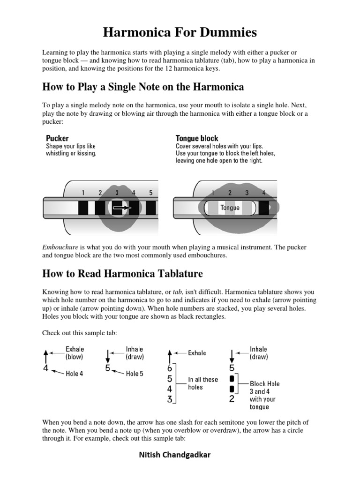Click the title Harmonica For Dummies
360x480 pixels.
pyautogui.click(x=180, y=32)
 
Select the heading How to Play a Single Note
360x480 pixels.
pyautogui.click(x=143, y=87)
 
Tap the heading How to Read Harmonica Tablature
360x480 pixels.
pyautogui.click(x=122, y=273)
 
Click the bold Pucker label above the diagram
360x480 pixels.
pyautogui.click(x=57, y=138)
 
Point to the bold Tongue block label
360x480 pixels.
pyautogui.click(x=197, y=138)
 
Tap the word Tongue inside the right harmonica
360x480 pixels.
pyautogui.click(x=230, y=208)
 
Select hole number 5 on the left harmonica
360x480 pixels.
pyautogui.click(x=150, y=192)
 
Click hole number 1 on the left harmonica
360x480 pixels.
pyautogui.click(x=83, y=192)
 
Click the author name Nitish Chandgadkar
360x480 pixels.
pyautogui.click(x=178, y=455)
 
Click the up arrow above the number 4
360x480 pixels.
pyautogui.click(x=45, y=355)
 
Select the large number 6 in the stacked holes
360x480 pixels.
pyautogui.click(x=170, y=369)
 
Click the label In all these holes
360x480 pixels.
pyautogui.click(x=202, y=383)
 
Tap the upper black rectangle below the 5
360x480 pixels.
pyautogui.click(x=232, y=378)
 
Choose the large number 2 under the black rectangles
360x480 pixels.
pyautogui.click(x=232, y=399)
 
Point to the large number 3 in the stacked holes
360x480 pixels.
pyautogui.click(x=170, y=399)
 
